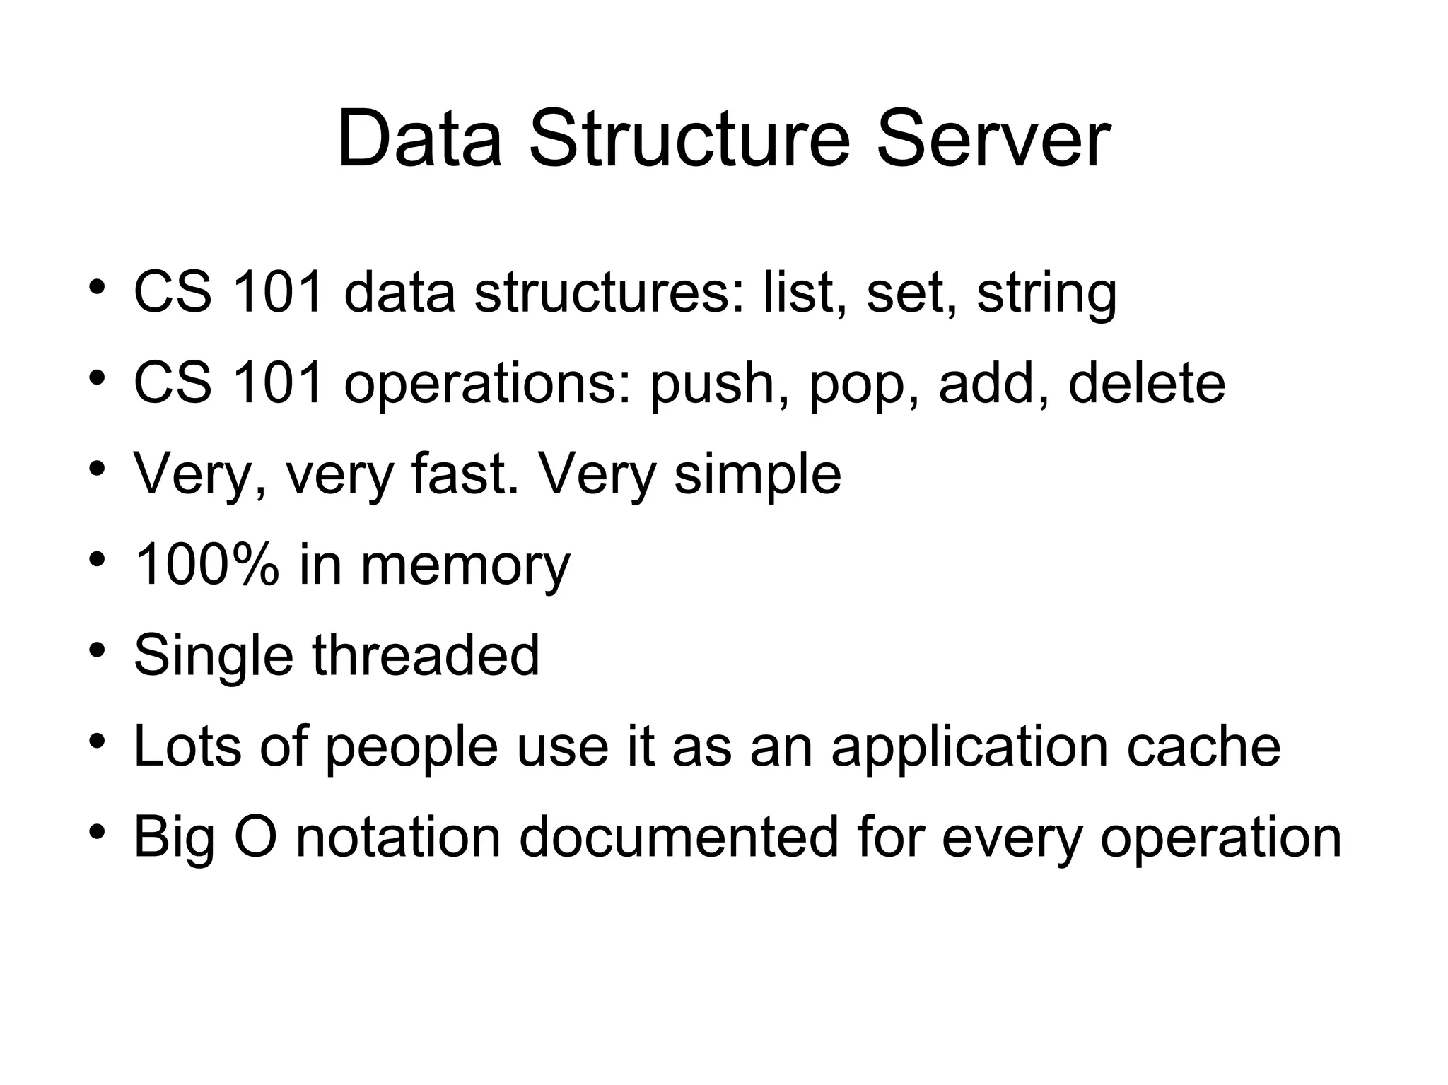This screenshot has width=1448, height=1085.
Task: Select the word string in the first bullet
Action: click(x=1046, y=293)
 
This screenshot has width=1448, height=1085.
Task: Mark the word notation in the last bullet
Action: click(x=397, y=837)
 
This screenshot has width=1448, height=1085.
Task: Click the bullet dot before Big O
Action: click(x=98, y=831)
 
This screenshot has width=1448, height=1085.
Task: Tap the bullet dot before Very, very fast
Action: click(x=98, y=468)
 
